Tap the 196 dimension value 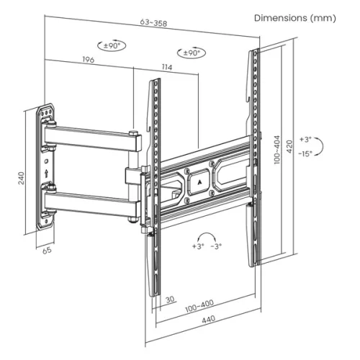pyautogui.click(x=89, y=60)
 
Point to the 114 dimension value pyautogui.click(x=167, y=68)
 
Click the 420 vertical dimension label pyautogui.click(x=290, y=146)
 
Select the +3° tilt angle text pyautogui.click(x=305, y=139)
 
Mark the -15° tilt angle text pyautogui.click(x=305, y=153)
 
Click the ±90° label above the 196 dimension pyautogui.click(x=113, y=45)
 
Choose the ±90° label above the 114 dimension pyautogui.click(x=192, y=53)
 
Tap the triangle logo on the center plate pyautogui.click(x=199, y=181)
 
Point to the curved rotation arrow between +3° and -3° pyautogui.click(x=207, y=240)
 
